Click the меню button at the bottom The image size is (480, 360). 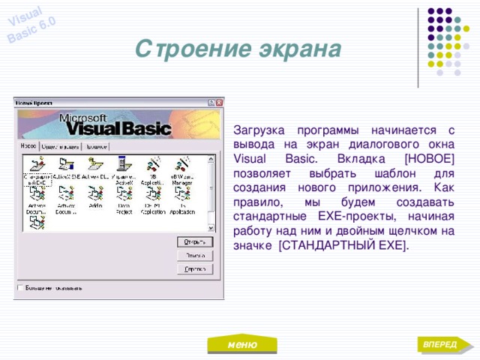241,344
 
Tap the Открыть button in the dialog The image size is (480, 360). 196,241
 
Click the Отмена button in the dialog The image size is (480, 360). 196,255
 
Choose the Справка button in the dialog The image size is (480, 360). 196,268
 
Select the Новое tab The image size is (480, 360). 29,146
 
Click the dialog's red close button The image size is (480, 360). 218,103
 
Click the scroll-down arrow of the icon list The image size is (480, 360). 211,227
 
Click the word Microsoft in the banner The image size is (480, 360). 82,118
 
